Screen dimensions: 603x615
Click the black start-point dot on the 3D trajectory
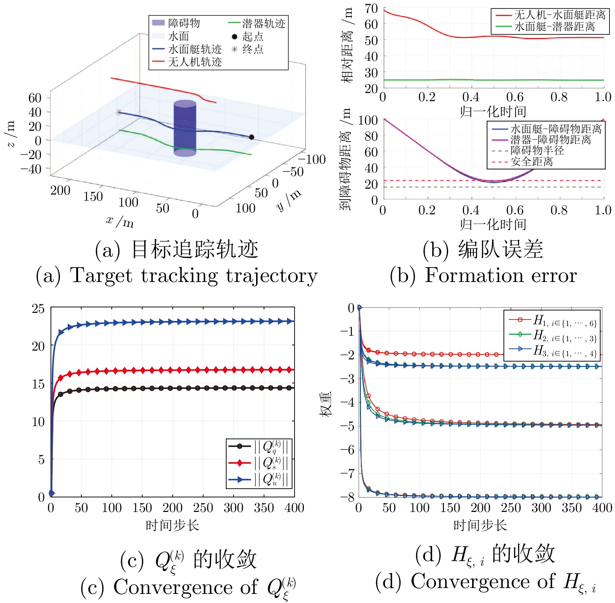coord(251,137)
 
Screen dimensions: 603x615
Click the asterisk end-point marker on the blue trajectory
coord(119,113)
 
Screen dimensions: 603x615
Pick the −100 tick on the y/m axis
coord(311,159)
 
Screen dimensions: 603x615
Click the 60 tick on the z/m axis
coord(35,98)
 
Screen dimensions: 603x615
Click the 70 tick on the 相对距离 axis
coord(371,8)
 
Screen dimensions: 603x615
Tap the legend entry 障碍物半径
coord(537,151)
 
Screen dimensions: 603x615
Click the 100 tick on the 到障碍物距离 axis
coord(368,120)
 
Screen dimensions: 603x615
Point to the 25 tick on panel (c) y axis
coord(38,308)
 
